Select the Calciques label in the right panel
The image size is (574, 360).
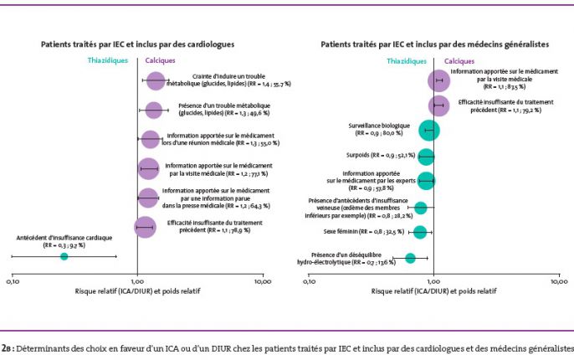point(459,61)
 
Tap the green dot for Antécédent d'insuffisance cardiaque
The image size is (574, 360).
point(64,256)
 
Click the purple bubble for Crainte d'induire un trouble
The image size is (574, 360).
point(155,81)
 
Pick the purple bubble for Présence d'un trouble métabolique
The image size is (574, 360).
point(153,110)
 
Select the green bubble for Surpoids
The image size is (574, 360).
point(427,156)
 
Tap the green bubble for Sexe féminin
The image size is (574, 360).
point(420,231)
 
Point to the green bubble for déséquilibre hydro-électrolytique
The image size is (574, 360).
point(410,259)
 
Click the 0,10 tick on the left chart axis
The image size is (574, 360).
point(13,282)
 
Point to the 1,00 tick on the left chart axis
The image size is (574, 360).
point(138,282)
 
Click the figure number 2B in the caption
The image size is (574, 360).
point(8,347)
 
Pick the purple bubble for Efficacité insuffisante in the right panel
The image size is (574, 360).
point(438,105)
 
